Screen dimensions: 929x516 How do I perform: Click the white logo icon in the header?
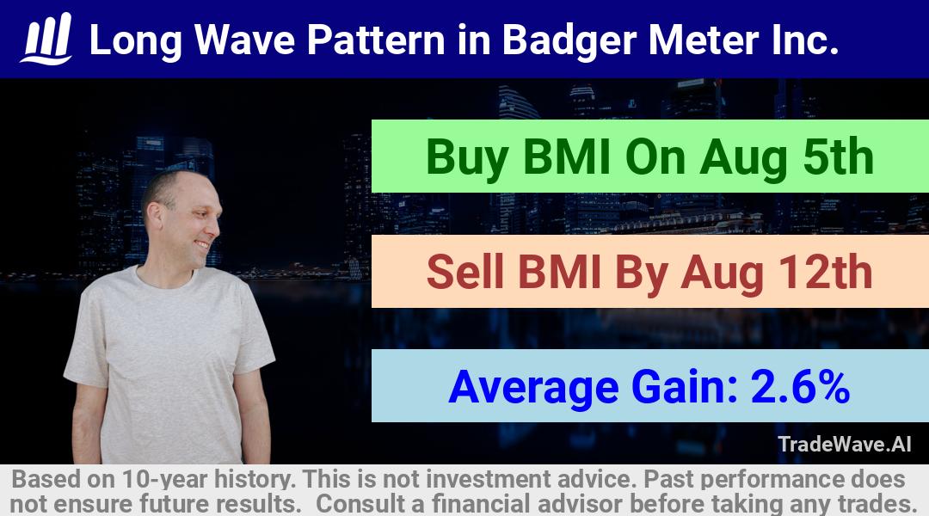pyautogui.click(x=46, y=39)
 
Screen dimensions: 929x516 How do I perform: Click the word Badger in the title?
pyautogui.click(x=569, y=40)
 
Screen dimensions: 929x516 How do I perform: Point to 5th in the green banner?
pyautogui.click(x=838, y=157)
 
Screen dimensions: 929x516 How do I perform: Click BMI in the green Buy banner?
pyautogui.click(x=567, y=157)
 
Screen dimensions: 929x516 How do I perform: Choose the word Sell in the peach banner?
pyautogui.click(x=466, y=272)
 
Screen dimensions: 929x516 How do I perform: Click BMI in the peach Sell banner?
pyautogui.click(x=560, y=272)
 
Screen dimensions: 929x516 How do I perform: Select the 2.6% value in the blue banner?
pyautogui.click(x=800, y=386)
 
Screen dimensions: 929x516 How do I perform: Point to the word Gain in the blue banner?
pyautogui.click(x=684, y=386)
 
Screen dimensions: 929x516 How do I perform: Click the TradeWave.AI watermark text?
pyautogui.click(x=845, y=444)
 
